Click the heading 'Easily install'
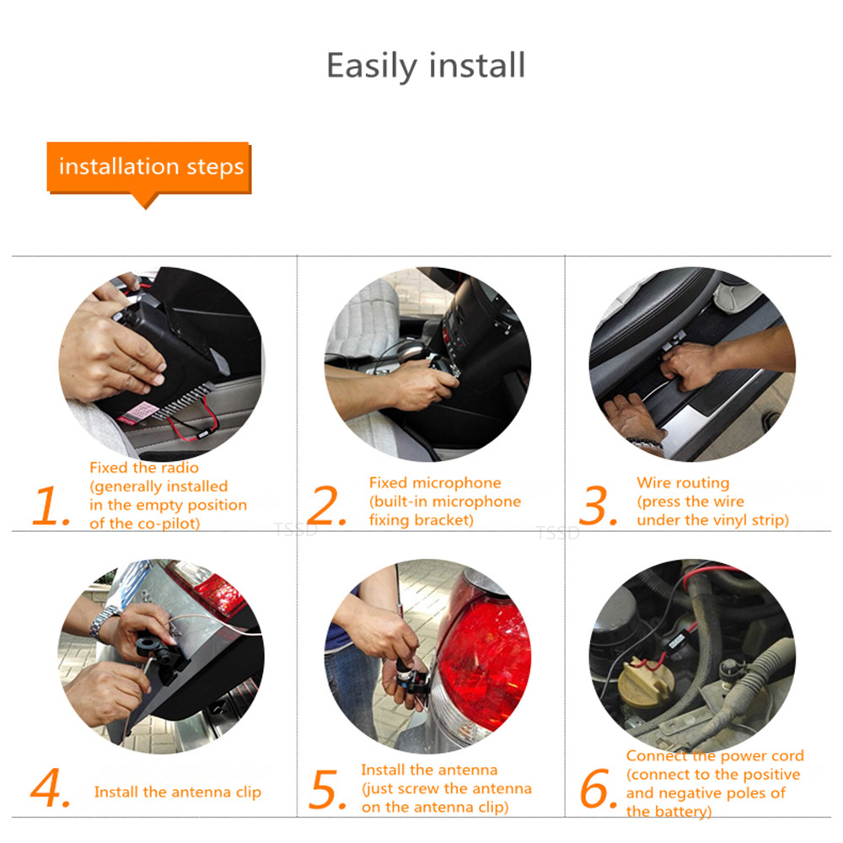coord(426,66)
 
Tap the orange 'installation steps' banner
coord(150,167)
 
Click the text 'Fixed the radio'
coord(144,467)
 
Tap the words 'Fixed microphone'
coord(435,483)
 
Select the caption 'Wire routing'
coord(683,483)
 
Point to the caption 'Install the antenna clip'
coord(178,792)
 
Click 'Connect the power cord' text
coord(715,756)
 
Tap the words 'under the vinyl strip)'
coord(712,520)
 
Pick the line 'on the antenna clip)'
coord(435,807)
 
